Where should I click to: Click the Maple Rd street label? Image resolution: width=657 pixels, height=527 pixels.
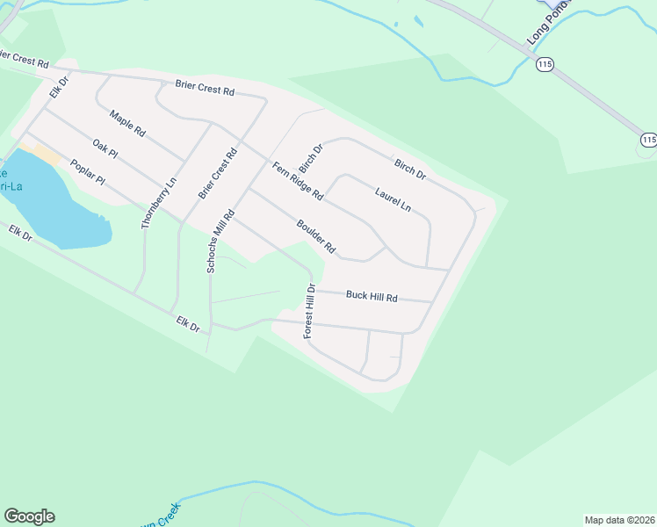(x=127, y=122)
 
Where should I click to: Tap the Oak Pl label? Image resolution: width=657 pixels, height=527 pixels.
(x=105, y=148)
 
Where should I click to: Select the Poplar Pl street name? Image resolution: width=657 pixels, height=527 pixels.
(x=87, y=172)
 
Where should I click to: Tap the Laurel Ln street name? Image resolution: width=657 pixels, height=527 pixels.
(x=393, y=199)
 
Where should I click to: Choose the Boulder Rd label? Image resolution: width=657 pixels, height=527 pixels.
(x=316, y=236)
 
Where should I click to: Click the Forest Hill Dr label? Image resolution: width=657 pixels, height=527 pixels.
(x=309, y=312)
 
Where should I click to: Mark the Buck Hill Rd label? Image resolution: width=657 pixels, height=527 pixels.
(x=372, y=297)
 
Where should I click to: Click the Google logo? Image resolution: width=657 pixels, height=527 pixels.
(x=29, y=516)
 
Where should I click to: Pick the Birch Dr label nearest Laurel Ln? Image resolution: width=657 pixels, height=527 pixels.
(x=409, y=170)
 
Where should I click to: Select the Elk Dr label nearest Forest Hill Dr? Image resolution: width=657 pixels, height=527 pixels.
(x=188, y=323)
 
